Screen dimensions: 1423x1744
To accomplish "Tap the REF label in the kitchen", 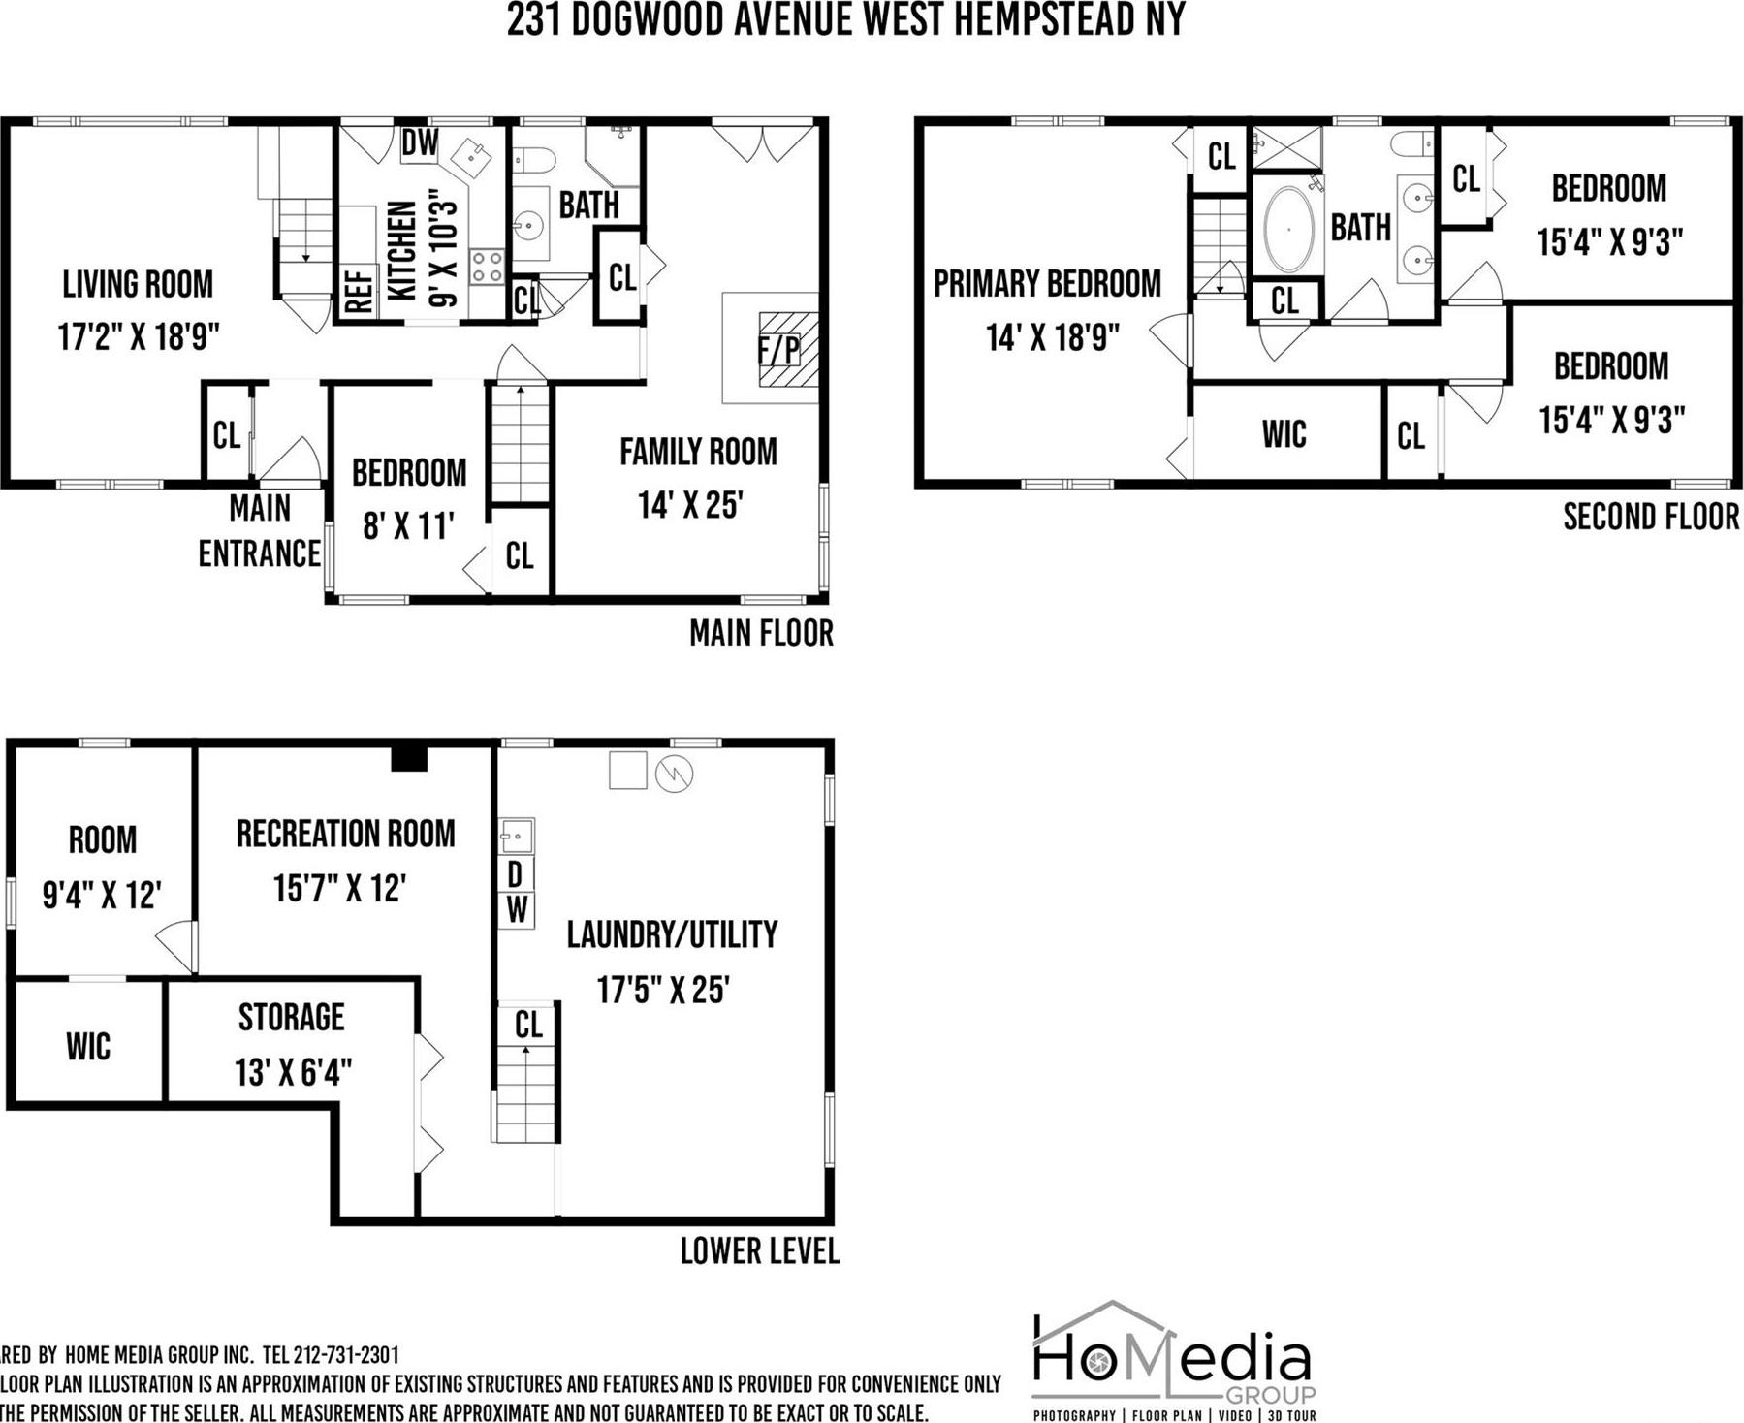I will tap(359, 290).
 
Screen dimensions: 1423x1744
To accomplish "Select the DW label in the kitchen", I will tap(420, 143).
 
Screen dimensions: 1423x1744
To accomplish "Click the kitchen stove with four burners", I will tap(487, 267).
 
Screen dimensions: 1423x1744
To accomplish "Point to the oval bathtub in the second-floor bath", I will tap(1288, 230).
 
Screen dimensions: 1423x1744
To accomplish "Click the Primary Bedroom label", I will tap(1047, 284).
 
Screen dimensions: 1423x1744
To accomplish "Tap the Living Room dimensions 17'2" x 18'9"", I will tap(138, 337).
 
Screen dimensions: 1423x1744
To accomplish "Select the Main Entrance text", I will tap(259, 530).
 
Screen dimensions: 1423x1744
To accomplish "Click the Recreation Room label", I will tap(345, 834).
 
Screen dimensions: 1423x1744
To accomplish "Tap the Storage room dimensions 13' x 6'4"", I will tap(292, 1073).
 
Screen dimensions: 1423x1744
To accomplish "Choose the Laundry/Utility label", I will tap(672, 934).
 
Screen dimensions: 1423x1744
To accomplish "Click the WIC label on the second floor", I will tap(1284, 434).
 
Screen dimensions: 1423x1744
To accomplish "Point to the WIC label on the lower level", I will tap(88, 1046).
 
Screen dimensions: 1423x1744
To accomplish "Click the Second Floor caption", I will tap(1651, 517).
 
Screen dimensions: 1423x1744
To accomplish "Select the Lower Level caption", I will tap(759, 1251).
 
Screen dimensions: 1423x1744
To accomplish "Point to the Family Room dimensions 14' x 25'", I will tap(689, 505).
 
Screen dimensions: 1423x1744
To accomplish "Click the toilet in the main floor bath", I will tap(532, 159).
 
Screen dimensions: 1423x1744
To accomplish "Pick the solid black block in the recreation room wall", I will tap(409, 758).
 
